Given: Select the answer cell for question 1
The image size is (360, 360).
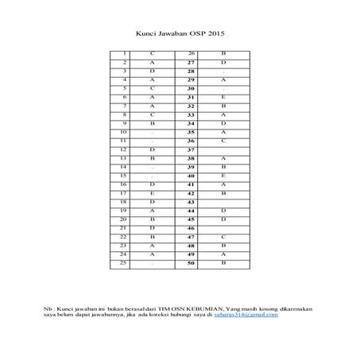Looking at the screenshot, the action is (x=152, y=52).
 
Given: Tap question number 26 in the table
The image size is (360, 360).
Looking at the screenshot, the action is (x=192, y=52).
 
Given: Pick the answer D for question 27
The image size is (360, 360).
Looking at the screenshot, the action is (x=224, y=62).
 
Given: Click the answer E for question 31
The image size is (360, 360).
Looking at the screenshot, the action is (x=224, y=97).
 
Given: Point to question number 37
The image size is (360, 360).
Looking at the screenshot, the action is (x=192, y=149).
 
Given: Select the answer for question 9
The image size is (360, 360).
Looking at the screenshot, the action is (x=152, y=123).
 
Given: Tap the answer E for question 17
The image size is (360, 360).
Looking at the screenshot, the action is (x=152, y=193).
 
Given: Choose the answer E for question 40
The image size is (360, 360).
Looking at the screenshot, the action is (x=224, y=176).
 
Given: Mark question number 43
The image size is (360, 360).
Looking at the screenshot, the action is (x=192, y=202).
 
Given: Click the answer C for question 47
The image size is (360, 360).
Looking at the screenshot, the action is (x=224, y=237).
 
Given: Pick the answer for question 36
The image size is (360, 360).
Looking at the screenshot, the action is (x=224, y=141).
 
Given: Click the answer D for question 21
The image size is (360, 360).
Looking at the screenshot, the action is (x=152, y=228).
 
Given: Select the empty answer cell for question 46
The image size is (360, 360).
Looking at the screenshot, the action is (x=224, y=228).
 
